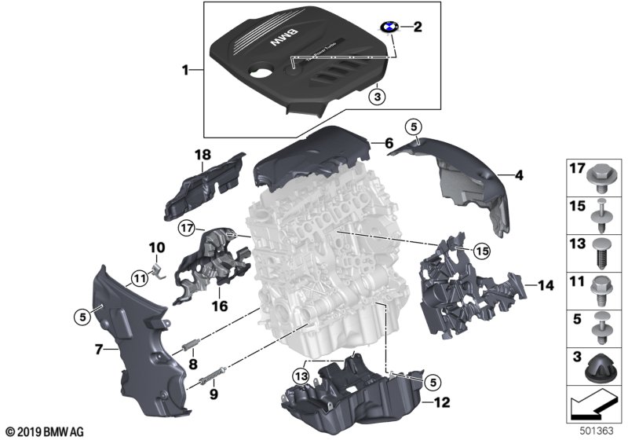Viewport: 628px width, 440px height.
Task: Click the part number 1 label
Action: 186,71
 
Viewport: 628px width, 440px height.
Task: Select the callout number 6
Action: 388,143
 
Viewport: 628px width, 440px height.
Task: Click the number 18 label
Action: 203,156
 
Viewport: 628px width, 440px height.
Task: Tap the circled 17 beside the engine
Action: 186,229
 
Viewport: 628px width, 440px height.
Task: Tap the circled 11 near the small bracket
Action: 139,276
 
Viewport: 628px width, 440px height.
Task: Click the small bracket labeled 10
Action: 155,271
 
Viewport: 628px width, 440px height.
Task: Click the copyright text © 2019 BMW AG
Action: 44,431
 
